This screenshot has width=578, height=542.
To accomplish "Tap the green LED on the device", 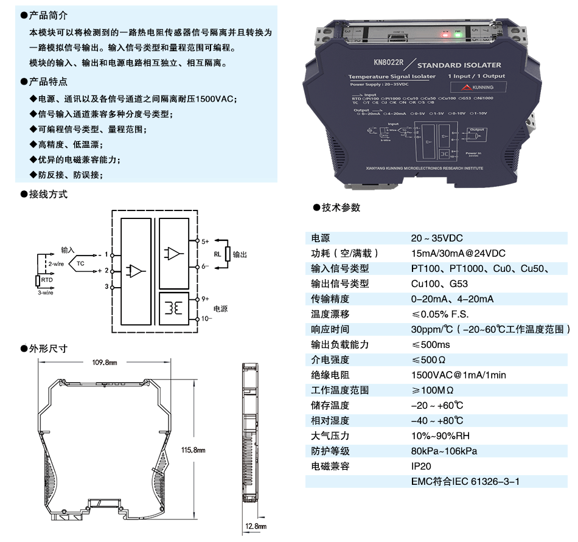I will click(x=457, y=34).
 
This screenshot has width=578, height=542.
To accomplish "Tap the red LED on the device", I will click(x=446, y=34).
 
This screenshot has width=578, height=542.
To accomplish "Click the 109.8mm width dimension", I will click(x=104, y=362).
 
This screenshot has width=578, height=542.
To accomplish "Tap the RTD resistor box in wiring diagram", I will click(x=38, y=280).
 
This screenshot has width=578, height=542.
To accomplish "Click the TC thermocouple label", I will click(x=81, y=263).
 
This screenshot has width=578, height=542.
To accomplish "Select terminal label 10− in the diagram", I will click(x=206, y=318).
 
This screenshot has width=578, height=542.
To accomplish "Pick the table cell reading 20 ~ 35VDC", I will click(x=436, y=238).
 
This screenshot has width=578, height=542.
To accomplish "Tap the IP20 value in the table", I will click(x=420, y=467).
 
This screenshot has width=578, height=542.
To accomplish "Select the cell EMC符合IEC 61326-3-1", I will click(x=465, y=482).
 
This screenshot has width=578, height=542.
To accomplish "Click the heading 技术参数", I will click(x=341, y=208).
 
